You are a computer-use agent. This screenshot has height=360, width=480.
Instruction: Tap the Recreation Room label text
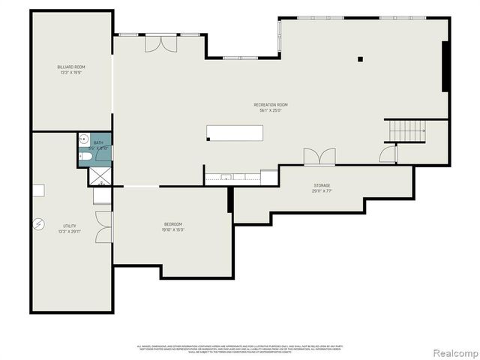[270, 107]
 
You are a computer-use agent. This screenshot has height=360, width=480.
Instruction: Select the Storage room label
[322, 187]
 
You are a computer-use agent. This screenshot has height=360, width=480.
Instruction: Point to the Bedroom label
[173, 226]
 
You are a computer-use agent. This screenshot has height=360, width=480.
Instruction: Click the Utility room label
[69, 228]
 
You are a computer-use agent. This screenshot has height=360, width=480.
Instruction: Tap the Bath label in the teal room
[99, 145]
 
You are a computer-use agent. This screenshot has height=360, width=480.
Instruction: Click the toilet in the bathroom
[85, 157]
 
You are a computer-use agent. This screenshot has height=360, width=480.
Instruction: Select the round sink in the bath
[84, 140]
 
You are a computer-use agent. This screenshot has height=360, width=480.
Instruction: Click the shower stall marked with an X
[99, 176]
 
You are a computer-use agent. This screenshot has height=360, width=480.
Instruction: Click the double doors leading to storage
[319, 157]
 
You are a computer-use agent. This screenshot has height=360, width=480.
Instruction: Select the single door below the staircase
[388, 154]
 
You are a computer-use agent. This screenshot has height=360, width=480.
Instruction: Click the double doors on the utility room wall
[104, 227]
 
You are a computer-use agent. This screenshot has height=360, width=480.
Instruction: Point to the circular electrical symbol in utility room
[39, 223]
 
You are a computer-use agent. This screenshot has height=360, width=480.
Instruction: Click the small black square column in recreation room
[360, 59]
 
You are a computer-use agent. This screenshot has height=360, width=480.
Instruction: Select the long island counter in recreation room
[235, 133]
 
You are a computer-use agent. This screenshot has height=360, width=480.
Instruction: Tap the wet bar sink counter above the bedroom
[232, 178]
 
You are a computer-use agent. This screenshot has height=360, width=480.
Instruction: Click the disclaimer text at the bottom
[240, 348]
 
